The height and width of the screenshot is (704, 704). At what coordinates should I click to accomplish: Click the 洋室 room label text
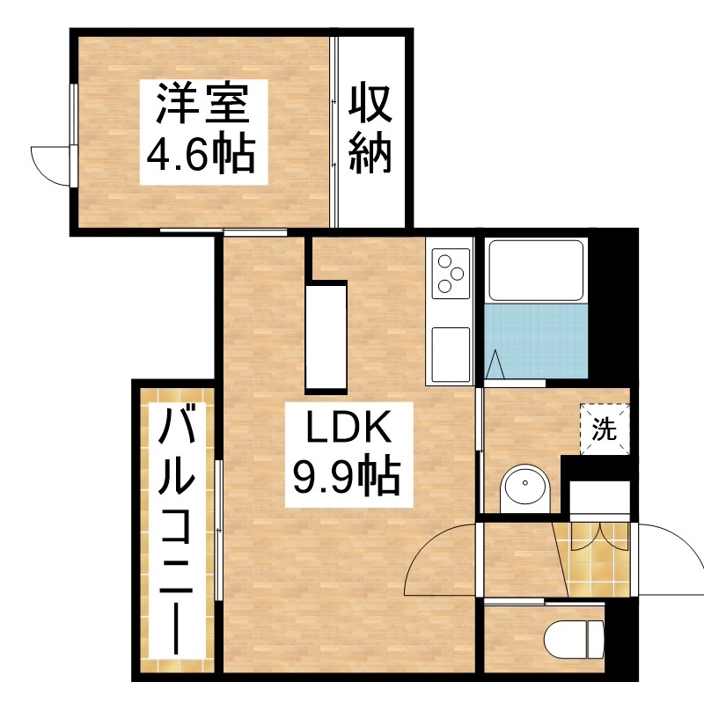[202, 105]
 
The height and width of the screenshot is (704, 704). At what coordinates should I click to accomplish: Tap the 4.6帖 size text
[202, 153]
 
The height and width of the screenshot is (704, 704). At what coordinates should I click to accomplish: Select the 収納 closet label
[370, 128]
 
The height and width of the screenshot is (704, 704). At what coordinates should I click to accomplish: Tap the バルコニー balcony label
[178, 531]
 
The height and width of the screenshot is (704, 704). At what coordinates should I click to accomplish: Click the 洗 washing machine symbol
[605, 429]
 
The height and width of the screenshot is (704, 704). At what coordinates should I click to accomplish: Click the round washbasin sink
[524, 488]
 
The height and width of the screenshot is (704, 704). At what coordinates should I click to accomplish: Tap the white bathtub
[536, 271]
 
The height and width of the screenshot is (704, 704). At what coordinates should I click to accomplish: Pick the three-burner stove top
[451, 273]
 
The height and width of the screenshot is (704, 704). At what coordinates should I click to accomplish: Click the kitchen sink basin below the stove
[451, 354]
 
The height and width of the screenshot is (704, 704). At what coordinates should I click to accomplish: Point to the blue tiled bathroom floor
[536, 341]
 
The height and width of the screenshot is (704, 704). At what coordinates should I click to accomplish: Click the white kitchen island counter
[326, 338]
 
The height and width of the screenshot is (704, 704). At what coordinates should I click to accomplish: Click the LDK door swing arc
[431, 553]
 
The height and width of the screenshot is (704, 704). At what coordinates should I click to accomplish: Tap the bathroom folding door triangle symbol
[495, 364]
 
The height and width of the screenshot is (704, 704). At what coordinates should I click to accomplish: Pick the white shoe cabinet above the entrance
[600, 498]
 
